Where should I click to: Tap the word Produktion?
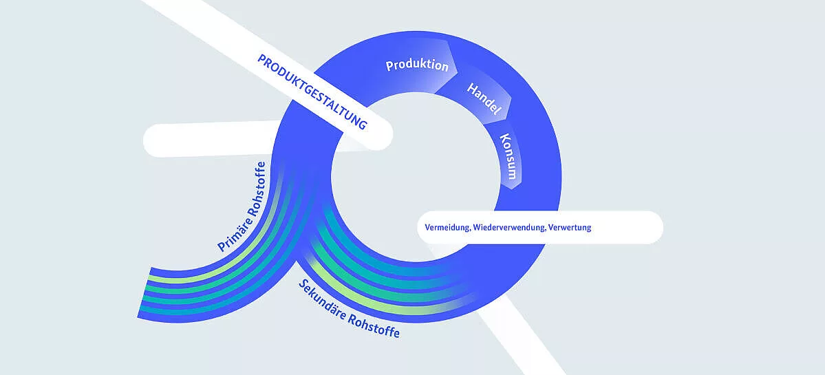(417, 66)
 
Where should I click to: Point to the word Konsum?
(508, 156)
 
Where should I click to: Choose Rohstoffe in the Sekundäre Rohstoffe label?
(374, 327)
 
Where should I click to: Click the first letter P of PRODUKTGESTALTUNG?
(262, 60)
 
